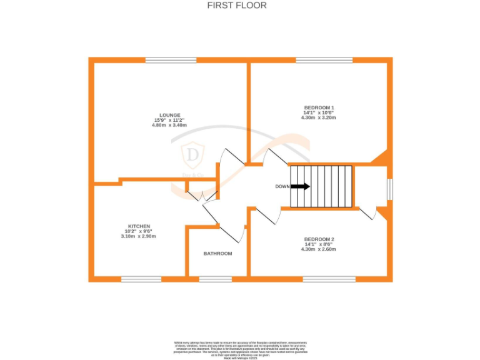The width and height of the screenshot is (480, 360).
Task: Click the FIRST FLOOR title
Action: coord(237,6)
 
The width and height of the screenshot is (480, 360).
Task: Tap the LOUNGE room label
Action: coord(169,115)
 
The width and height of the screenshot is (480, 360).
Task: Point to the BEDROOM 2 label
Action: coord(319,239)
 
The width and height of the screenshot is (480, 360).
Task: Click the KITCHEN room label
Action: coord(139,226)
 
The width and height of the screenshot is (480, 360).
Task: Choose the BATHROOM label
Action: coord(217,254)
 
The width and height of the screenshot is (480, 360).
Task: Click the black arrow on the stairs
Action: coord(300,186)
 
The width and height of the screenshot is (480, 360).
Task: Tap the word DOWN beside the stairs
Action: coord(282,187)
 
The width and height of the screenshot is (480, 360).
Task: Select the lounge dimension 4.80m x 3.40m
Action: coord(169,125)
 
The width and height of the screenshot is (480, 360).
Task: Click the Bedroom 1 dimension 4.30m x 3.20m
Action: coord(319,117)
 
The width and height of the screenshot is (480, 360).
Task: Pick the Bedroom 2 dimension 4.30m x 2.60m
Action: coord(319,249)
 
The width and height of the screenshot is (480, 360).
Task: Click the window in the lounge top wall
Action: coord(171,60)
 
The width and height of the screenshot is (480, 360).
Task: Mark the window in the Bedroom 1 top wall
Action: coord(324,60)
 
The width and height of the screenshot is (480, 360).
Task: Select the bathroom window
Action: coord(215,278)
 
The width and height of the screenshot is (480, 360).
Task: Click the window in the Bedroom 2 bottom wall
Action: coord(329,278)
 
